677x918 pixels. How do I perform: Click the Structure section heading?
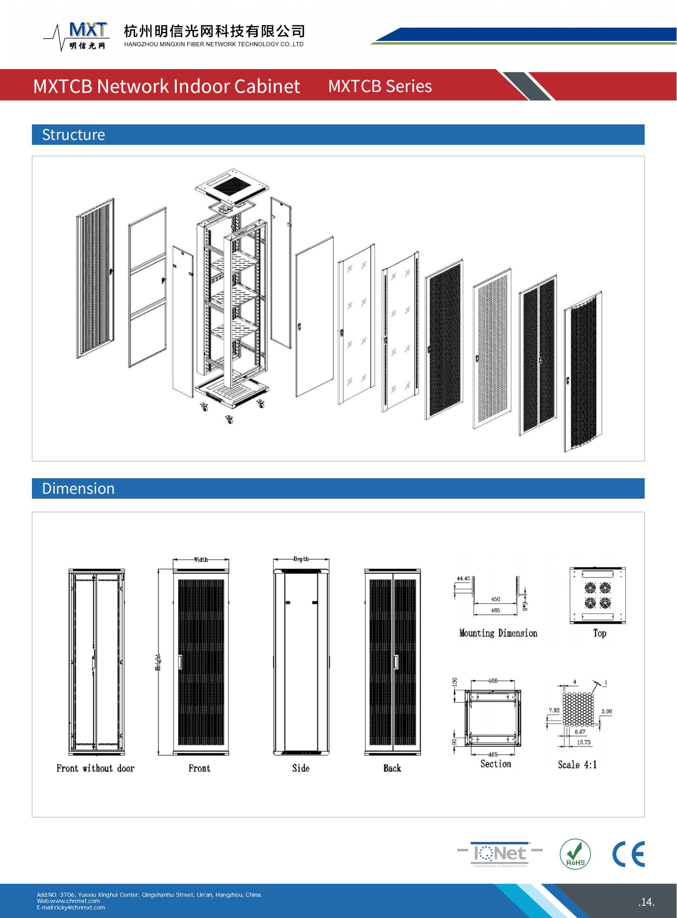tap(73, 135)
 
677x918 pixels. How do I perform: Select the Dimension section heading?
tap(78, 488)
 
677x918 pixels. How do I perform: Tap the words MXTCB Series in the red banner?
tap(380, 86)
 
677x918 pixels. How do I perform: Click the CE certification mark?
tap(628, 854)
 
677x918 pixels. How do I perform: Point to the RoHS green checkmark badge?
tap(575, 854)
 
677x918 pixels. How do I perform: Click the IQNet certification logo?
tap(499, 854)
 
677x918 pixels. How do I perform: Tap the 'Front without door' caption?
tap(95, 768)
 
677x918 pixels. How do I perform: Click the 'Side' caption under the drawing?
tap(301, 768)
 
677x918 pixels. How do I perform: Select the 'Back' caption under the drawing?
tap(392, 768)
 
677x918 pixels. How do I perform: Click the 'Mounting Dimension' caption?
tap(498, 633)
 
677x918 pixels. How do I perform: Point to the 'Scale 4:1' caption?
tap(577, 764)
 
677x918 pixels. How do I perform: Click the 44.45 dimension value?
tap(463, 578)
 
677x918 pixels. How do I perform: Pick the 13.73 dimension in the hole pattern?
tap(584, 742)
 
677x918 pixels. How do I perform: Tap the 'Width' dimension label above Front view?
tap(201, 560)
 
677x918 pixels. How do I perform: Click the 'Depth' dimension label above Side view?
tap(301, 559)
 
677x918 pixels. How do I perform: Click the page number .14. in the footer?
tap(646, 902)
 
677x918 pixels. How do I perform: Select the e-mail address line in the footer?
tap(71, 907)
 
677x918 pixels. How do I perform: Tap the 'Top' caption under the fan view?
tap(600, 633)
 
